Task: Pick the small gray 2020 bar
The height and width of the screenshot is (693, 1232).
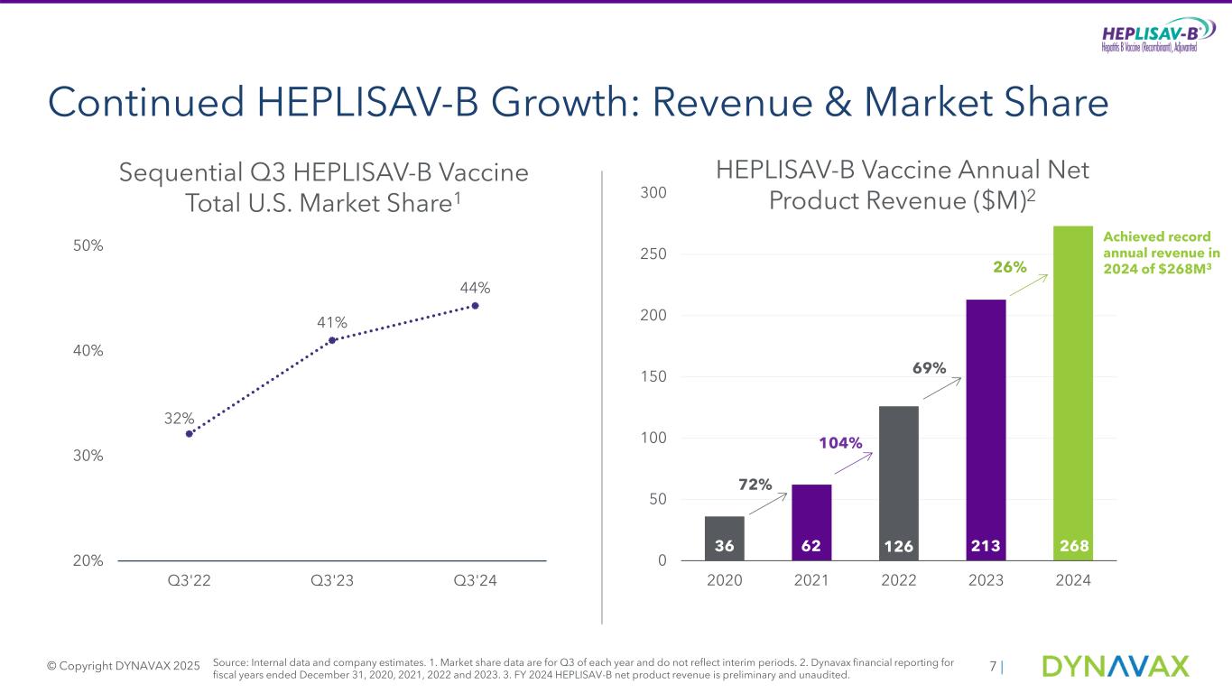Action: point(724,538)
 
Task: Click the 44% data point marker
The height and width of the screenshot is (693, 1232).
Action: point(476,306)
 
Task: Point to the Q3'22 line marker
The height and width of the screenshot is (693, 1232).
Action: point(190,434)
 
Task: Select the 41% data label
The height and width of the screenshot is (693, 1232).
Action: point(332,322)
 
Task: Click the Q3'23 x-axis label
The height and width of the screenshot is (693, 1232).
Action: point(332,581)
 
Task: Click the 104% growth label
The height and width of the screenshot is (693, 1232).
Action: point(840,443)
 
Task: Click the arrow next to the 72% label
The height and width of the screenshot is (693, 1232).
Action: point(768,508)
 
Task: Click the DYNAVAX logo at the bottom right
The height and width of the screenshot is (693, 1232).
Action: point(1116,667)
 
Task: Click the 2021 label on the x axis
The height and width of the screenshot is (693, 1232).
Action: point(811,581)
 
